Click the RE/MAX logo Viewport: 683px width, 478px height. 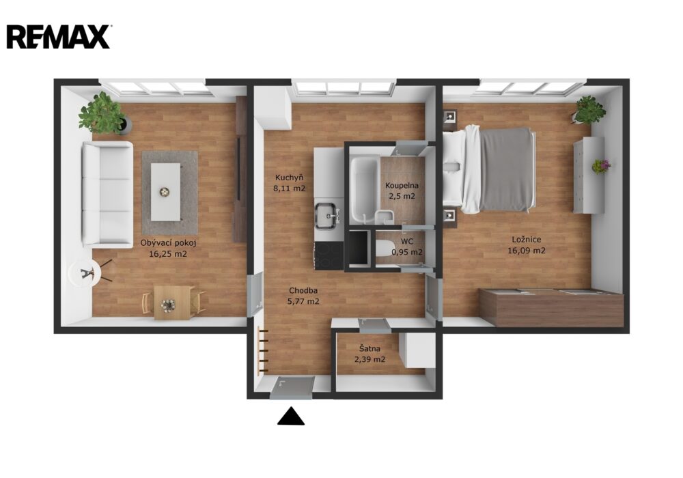(x=58, y=37)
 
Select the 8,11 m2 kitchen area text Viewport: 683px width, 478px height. (x=289, y=188)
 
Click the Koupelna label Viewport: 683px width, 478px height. (x=402, y=186)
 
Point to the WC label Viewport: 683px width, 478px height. (x=407, y=241)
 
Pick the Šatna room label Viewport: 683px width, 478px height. (x=370, y=349)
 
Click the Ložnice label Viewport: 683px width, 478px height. (x=526, y=240)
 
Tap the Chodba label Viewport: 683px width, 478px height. (x=303, y=290)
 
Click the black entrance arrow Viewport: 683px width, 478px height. (x=291, y=416)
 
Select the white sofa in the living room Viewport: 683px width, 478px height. (x=108, y=195)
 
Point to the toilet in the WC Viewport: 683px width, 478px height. (x=383, y=249)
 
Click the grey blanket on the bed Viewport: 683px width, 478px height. (x=506, y=170)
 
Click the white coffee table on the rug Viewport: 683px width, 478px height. (x=165, y=192)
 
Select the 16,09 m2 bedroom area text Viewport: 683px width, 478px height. (x=526, y=251)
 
